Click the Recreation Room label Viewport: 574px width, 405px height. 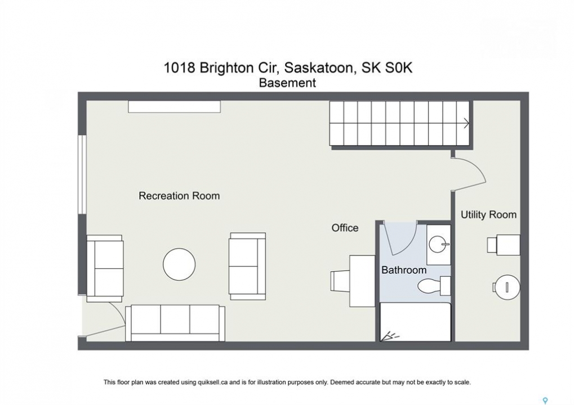point(179,196)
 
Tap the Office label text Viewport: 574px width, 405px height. point(345,228)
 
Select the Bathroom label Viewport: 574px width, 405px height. point(404,270)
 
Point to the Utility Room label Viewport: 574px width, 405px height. point(488,214)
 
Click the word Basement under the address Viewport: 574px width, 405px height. point(287,83)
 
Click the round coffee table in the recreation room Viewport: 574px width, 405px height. point(179,264)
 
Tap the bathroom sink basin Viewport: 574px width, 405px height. point(438,244)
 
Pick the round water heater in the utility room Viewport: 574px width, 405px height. point(506,287)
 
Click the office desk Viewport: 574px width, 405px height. point(362,281)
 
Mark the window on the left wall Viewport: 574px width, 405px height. point(82,175)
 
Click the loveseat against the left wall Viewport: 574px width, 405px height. point(104,268)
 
